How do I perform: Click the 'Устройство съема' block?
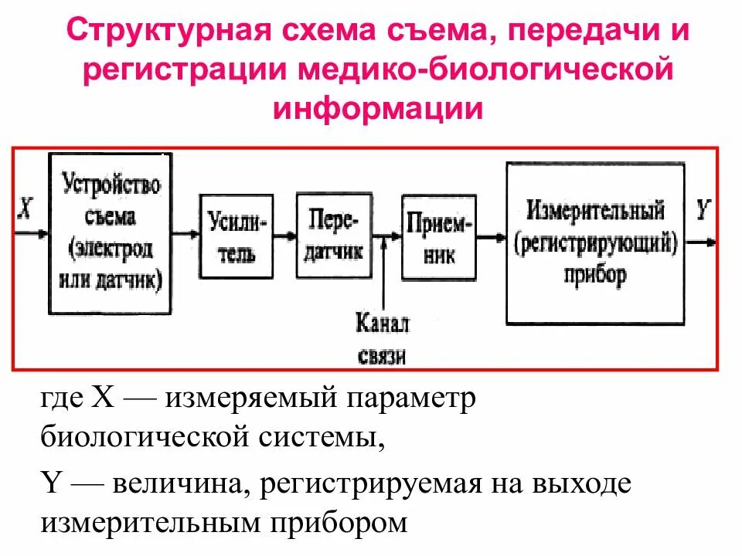pos(111,231)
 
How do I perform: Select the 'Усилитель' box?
pos(237,236)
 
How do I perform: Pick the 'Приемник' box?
pos(437,235)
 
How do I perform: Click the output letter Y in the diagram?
pos(703,209)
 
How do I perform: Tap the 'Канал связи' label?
pos(383,339)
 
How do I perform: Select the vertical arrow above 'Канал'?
pos(383,270)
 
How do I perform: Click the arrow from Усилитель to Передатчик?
pos(285,235)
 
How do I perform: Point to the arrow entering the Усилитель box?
pos(185,232)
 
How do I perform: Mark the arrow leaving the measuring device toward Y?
pos(699,242)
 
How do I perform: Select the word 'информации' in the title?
pos(377,107)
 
